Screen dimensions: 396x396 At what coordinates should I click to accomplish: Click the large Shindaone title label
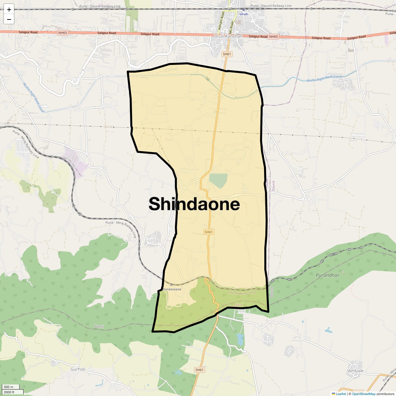(194, 204)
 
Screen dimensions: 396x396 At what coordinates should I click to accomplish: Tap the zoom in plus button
(9, 10)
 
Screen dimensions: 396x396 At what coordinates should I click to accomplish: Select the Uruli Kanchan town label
(228, 36)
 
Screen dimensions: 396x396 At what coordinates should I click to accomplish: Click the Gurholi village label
(78, 369)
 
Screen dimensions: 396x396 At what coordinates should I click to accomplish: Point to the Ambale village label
(356, 371)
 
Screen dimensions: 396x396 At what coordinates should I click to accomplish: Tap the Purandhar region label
(327, 275)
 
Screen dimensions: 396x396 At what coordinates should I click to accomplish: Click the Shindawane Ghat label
(242, 293)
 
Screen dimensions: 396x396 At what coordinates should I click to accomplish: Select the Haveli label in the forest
(99, 326)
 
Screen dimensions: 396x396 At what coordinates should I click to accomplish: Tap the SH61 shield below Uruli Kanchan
(227, 54)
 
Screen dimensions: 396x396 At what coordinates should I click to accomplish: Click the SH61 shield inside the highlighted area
(209, 232)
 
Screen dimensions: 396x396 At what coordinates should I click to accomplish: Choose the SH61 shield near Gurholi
(199, 370)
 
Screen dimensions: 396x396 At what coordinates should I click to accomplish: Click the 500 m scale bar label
(9, 387)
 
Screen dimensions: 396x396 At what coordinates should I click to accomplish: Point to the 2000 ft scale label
(9, 392)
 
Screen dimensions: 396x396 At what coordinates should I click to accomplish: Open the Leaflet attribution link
(341, 394)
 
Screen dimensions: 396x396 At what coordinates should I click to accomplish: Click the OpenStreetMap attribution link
(363, 394)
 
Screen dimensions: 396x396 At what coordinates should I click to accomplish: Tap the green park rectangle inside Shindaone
(218, 181)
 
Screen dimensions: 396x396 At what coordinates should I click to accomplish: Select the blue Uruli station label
(244, 14)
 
